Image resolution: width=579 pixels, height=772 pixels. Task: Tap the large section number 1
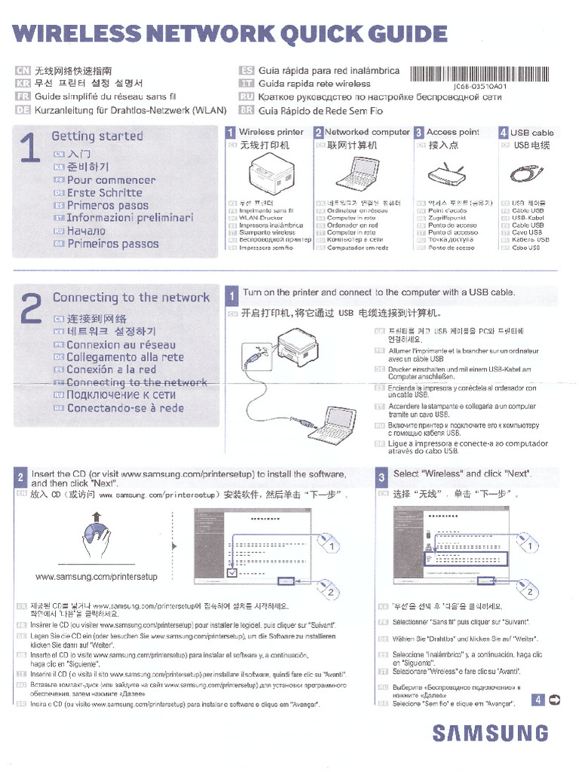tap(31, 149)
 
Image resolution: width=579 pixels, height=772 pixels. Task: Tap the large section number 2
tap(31, 309)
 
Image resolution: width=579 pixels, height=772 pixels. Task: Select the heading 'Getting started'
tap(96, 136)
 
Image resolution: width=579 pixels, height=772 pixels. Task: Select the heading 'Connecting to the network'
tap(130, 298)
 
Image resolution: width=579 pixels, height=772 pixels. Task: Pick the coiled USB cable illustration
tap(524, 173)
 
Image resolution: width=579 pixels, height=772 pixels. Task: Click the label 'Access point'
tap(452, 132)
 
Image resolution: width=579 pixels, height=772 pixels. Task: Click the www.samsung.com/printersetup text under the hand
tap(96, 577)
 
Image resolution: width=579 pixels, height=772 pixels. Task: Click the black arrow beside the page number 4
tap(555, 700)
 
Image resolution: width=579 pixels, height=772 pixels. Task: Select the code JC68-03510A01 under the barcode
tap(479, 87)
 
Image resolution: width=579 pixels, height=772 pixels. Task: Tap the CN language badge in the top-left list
tap(23, 71)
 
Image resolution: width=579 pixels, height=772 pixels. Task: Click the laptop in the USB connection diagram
tap(331, 426)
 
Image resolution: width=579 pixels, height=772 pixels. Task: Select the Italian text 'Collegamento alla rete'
tap(124, 357)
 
